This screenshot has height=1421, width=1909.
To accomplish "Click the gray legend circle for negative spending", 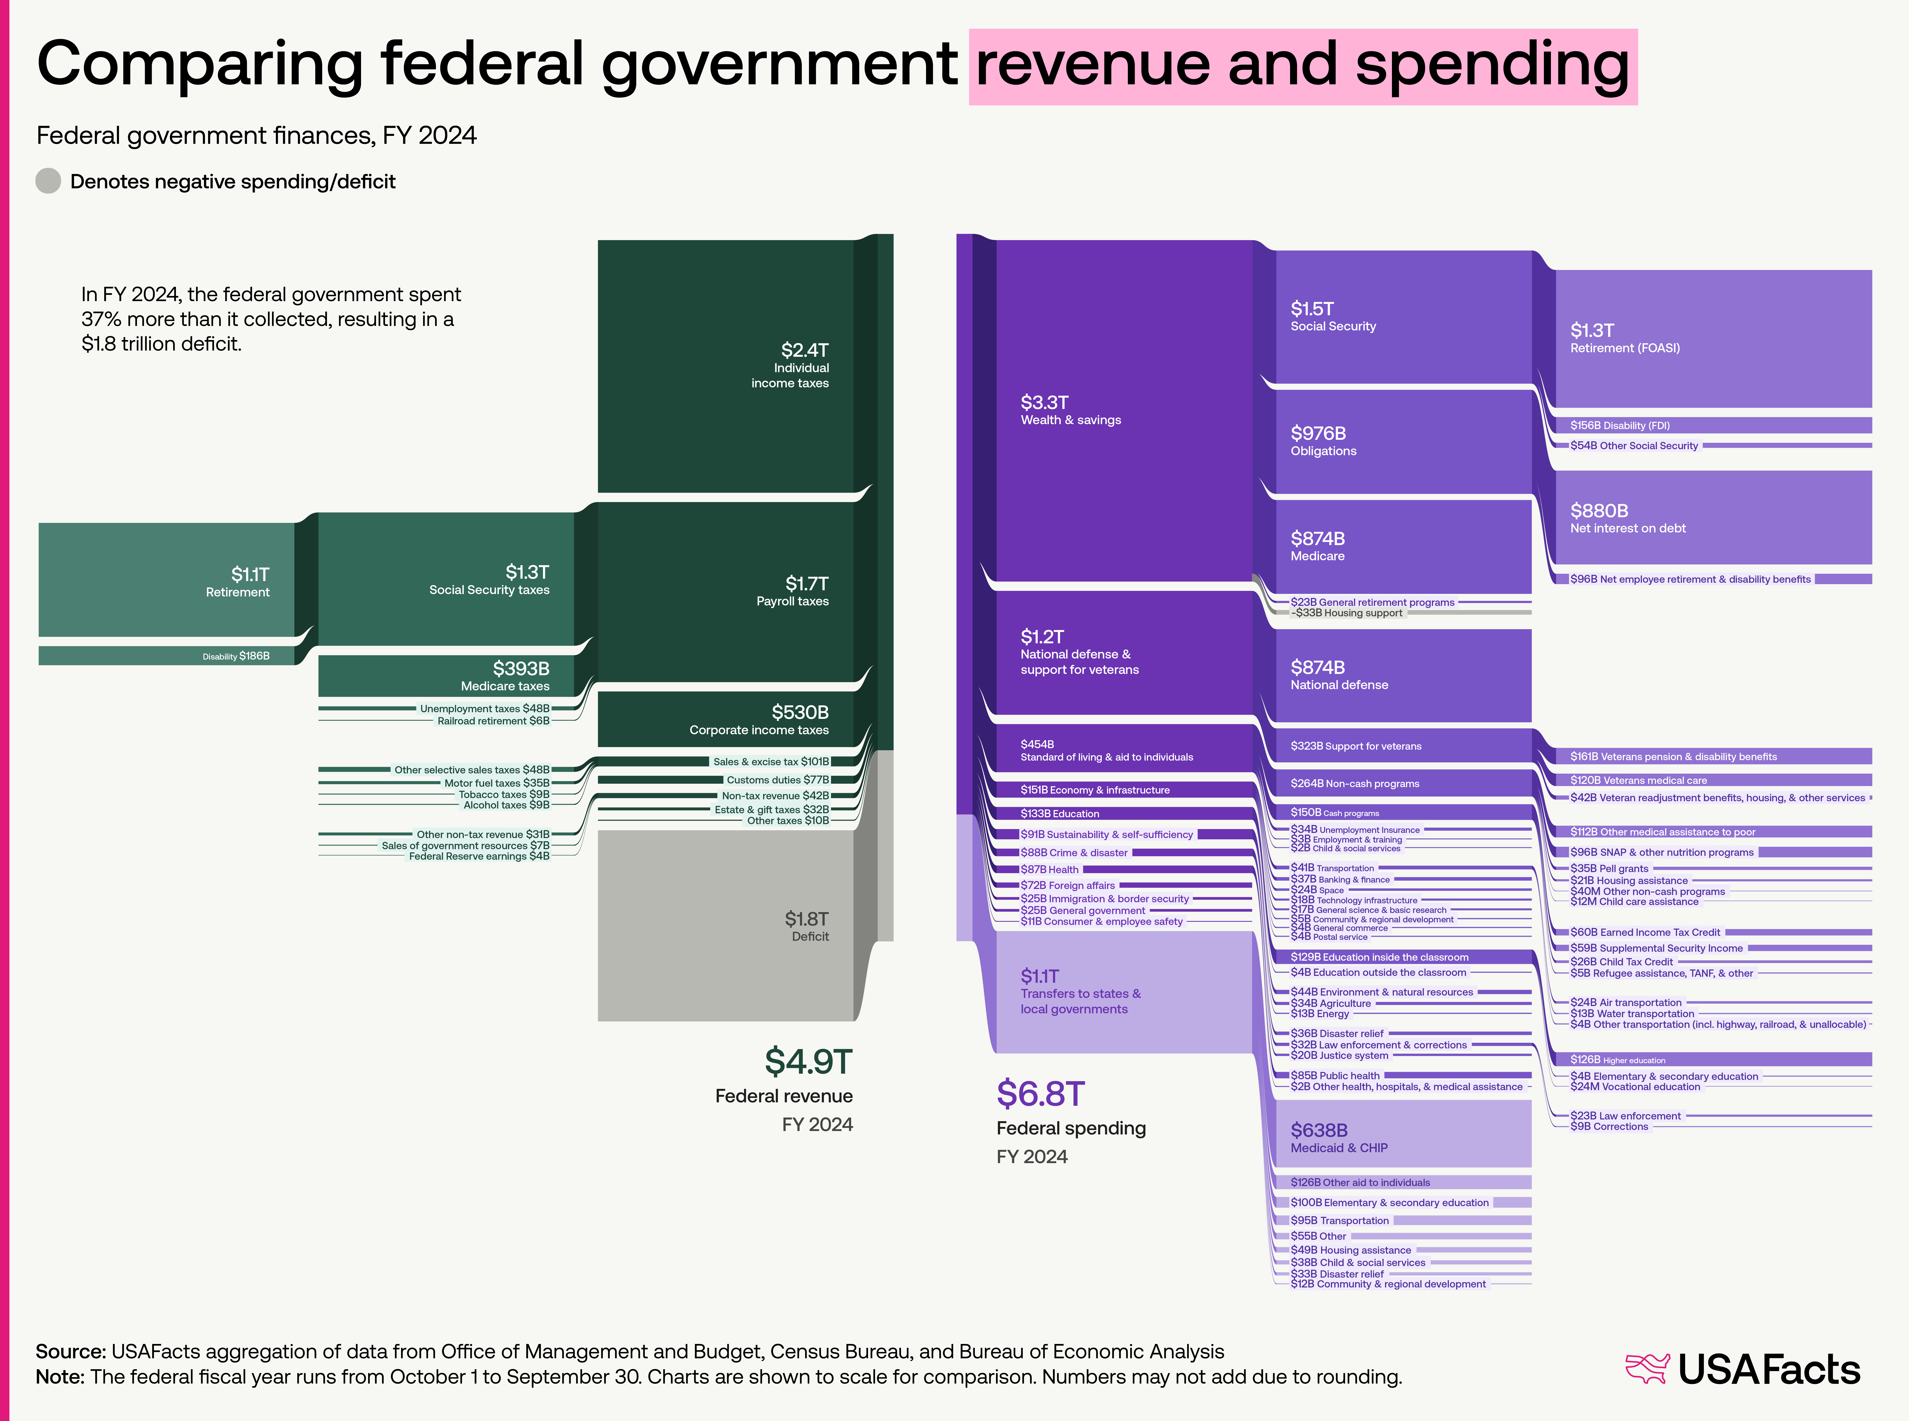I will [x=48, y=181].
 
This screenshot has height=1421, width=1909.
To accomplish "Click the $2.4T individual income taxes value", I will [x=804, y=350].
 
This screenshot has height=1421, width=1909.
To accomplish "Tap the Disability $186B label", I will [x=236, y=656].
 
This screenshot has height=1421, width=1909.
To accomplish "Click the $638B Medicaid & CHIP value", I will [x=1319, y=1130].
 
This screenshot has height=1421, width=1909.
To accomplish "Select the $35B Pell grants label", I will [x=1609, y=869].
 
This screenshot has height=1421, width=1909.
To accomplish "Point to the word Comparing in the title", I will [x=200, y=64].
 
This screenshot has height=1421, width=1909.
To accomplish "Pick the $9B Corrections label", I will [x=1609, y=1127].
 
